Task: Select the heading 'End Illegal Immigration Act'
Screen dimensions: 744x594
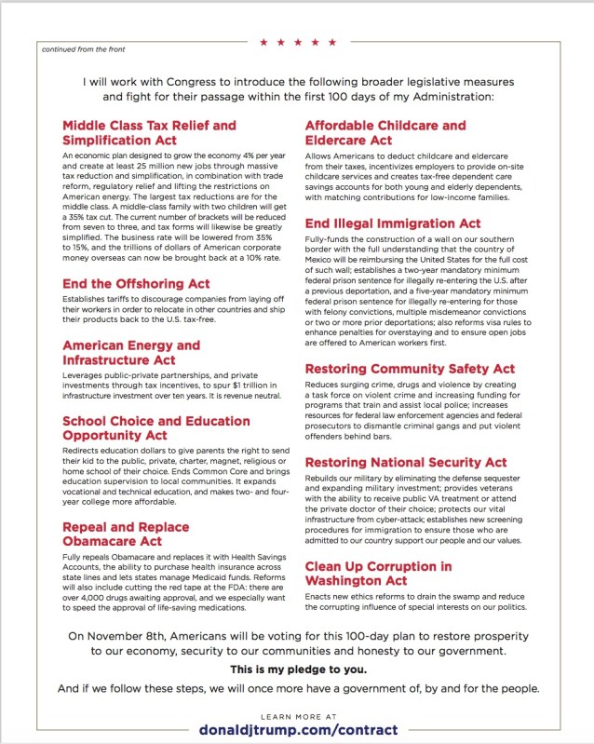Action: click(393, 223)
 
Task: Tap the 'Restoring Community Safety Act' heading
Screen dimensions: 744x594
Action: click(410, 369)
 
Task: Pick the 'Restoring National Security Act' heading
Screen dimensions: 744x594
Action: click(406, 462)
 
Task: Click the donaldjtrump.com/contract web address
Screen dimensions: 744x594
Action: click(298, 729)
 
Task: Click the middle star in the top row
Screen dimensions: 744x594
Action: click(298, 42)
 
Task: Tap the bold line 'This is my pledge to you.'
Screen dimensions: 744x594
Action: click(297, 670)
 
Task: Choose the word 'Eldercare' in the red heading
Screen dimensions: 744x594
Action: click(343, 140)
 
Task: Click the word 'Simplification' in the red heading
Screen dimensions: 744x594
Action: click(110, 140)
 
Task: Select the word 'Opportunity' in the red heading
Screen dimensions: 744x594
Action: click(102, 435)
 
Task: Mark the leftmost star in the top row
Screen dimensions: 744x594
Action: click(263, 42)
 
